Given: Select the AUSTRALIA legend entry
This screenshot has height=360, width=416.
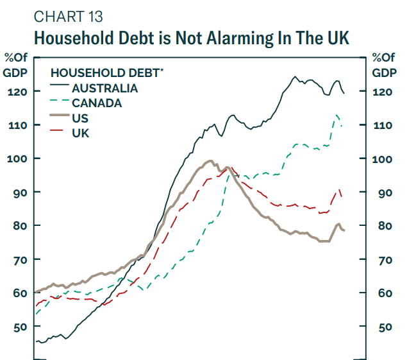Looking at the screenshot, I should pyautogui.click(x=104, y=88).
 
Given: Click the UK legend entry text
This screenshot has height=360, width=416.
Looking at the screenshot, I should pyautogui.click(x=80, y=133).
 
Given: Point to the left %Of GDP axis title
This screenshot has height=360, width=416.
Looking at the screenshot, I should pyautogui.click(x=15, y=65).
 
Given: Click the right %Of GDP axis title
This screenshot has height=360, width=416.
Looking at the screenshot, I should pyautogui.click(x=383, y=65).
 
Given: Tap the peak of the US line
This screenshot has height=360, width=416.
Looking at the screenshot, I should pyautogui.click(x=210, y=160).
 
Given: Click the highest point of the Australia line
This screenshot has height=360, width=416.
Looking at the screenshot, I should pyautogui.click(x=295, y=77).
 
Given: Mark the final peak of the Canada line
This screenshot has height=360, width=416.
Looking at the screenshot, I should pyautogui.click(x=337, y=115).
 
